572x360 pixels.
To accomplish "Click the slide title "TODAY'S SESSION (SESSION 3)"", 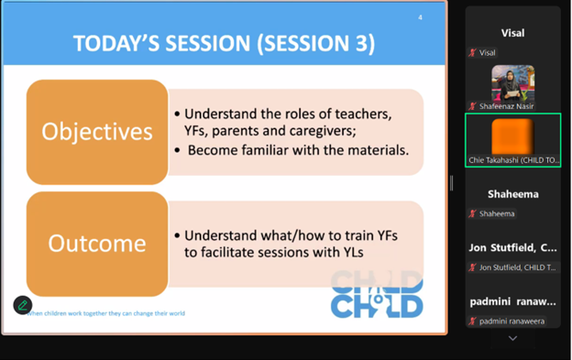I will (x=224, y=43).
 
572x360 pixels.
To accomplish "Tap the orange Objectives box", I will (x=97, y=132).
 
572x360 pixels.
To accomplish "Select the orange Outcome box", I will (x=97, y=244).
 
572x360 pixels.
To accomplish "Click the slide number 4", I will (x=420, y=17).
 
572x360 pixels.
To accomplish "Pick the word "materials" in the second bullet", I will (x=374, y=149).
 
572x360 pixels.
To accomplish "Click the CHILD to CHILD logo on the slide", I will (x=377, y=294).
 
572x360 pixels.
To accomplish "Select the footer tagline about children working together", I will (x=105, y=313).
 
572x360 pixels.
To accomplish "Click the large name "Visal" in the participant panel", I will (x=512, y=33).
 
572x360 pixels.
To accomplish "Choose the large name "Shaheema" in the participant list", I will (x=512, y=194).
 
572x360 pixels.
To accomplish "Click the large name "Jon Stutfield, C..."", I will (x=512, y=247).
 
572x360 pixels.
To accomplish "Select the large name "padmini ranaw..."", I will (x=512, y=301).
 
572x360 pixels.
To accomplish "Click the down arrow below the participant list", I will (x=512, y=338).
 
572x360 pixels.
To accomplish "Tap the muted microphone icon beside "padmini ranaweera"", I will (x=473, y=322).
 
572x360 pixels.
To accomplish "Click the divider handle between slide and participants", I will (x=451, y=183).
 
